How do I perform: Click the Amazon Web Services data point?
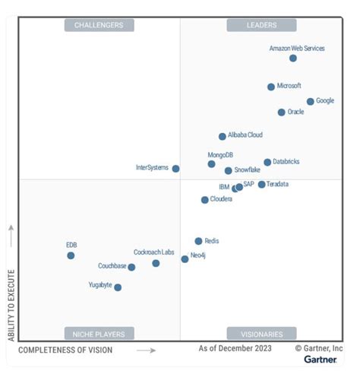tap(293, 59)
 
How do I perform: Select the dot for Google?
tap(310, 101)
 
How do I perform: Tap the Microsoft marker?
tap(271, 87)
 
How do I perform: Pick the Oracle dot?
tap(281, 113)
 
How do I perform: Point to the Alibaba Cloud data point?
tap(223, 137)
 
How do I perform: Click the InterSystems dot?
tap(175, 169)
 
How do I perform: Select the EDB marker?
tap(71, 255)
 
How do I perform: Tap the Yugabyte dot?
tap(118, 287)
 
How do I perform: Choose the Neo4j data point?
tap(185, 259)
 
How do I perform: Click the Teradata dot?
tap(261, 185)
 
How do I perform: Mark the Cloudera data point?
tap(204, 200)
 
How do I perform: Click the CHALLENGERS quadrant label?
tap(99, 25)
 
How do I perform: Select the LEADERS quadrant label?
tap(262, 25)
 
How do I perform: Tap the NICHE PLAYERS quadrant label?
tap(99, 333)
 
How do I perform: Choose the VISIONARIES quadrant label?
tap(262, 333)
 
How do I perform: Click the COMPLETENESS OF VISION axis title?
tap(65, 350)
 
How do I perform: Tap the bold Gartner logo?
tap(321, 360)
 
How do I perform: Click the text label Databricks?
tap(287, 162)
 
